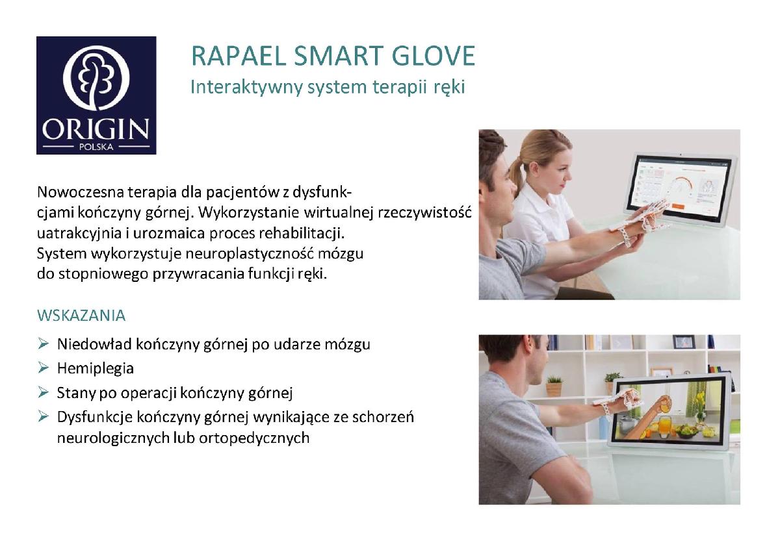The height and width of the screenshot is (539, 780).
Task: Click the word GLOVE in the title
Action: (433, 55)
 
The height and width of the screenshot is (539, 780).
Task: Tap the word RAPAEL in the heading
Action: (239, 56)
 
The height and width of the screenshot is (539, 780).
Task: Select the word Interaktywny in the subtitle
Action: (246, 87)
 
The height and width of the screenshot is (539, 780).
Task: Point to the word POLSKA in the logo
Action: (96, 147)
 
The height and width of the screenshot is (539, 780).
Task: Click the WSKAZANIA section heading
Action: (81, 315)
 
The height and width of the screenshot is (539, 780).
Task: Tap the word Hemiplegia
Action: (96, 368)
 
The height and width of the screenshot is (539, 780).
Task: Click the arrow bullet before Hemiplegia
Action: (44, 368)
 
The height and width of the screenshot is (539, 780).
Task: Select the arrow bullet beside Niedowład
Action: (44, 344)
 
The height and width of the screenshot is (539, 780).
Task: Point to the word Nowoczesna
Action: (81, 192)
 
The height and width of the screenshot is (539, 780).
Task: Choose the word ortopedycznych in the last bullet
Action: (254, 438)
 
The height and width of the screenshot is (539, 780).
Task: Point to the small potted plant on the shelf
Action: (554, 386)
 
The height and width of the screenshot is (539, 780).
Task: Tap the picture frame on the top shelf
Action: (684, 342)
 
